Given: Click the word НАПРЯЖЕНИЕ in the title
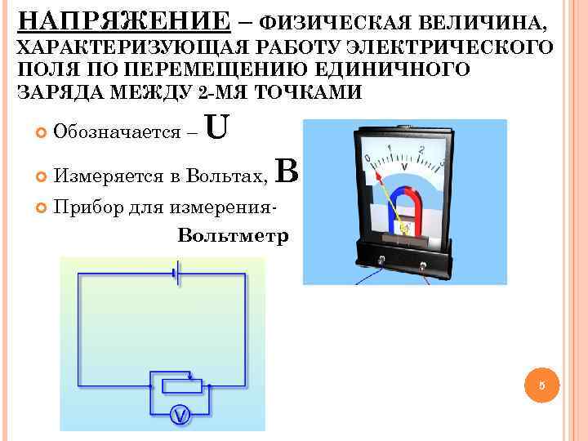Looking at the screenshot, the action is tap(123, 20).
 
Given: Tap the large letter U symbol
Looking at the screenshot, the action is tap(217, 127).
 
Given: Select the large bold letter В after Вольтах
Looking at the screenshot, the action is tap(289, 171).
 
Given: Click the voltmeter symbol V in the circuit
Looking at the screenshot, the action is tap(180, 416).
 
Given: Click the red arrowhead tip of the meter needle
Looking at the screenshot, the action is tap(377, 174).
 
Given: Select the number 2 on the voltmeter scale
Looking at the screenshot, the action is tap(421, 150).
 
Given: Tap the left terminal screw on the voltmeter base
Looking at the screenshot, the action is tap(383, 261).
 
